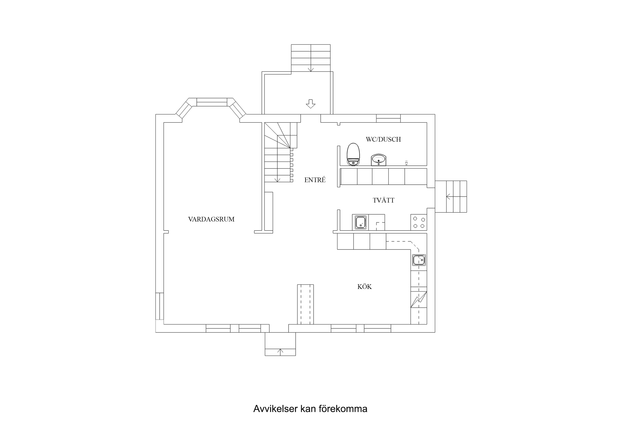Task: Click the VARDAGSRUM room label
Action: [211, 219]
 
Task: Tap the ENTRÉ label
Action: [315, 180]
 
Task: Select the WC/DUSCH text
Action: [383, 140]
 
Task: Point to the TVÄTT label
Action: [383, 200]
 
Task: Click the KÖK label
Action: [364, 287]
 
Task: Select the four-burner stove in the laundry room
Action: [419, 222]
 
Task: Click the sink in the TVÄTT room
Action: [361, 222]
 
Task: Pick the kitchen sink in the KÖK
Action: [419, 260]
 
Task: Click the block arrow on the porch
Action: [310, 104]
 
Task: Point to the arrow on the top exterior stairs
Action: [311, 69]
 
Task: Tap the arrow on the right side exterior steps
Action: [448, 197]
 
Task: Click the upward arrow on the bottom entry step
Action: [281, 352]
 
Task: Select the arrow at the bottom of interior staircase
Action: [278, 180]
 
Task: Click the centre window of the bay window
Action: [212, 102]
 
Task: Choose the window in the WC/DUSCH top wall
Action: [388, 118]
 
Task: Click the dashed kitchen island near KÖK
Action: [305, 304]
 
